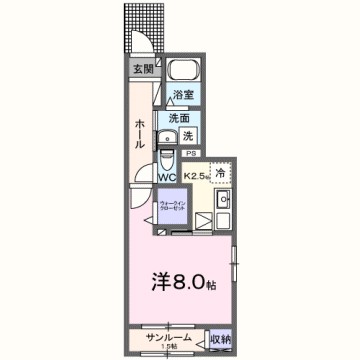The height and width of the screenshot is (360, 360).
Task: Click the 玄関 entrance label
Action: pyautogui.click(x=143, y=69)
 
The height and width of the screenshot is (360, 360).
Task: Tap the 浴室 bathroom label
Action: pyautogui.click(x=182, y=96)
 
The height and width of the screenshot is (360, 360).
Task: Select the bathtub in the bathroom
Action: pyautogui.click(x=182, y=72)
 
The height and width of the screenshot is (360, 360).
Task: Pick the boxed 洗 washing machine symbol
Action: pyautogui.click(x=187, y=135)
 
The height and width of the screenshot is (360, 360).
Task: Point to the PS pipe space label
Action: pyautogui.click(x=190, y=153)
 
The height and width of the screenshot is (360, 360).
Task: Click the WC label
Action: pyautogui.click(x=166, y=178)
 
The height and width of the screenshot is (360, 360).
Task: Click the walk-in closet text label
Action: pyautogui.click(x=171, y=207)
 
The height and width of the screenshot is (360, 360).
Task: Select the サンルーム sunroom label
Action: pyautogui.click(x=165, y=338)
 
